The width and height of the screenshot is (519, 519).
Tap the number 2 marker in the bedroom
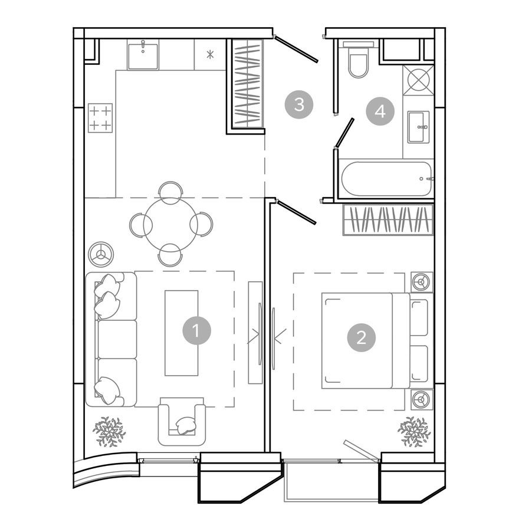click(x=361, y=337)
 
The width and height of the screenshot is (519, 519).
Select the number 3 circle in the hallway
click(x=299, y=106)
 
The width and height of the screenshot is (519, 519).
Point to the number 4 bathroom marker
click(x=380, y=111)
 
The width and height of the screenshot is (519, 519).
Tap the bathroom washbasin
click(x=419, y=126)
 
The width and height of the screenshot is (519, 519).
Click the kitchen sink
click(x=143, y=54)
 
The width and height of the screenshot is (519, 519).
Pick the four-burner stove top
click(x=100, y=117)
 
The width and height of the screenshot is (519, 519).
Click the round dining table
click(x=170, y=224)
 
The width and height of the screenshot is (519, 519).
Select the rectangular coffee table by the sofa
click(x=180, y=333)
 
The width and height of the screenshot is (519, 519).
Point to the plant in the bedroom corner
click(x=414, y=432)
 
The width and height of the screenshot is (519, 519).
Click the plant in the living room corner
click(x=109, y=432)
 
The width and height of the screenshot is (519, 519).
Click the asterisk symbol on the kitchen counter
click(x=210, y=55)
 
